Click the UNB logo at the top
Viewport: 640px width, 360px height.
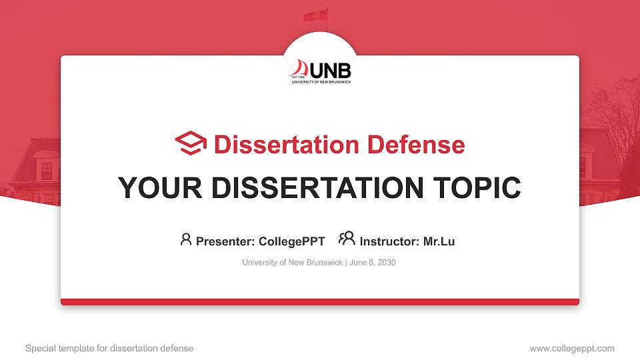coord(321,71)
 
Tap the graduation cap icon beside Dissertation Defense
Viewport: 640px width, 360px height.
coord(191,144)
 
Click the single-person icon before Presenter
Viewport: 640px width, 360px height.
coord(186,239)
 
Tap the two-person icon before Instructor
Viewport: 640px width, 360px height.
coord(347,239)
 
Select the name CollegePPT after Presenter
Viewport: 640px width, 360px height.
coord(291,241)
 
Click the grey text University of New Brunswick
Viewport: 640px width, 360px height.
coord(292,263)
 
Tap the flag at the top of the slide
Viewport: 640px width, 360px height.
coord(316,15)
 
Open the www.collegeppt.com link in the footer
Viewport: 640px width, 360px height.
coord(571,348)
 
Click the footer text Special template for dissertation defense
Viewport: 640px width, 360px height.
coord(109,348)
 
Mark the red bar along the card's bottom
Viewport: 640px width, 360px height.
coord(320,302)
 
